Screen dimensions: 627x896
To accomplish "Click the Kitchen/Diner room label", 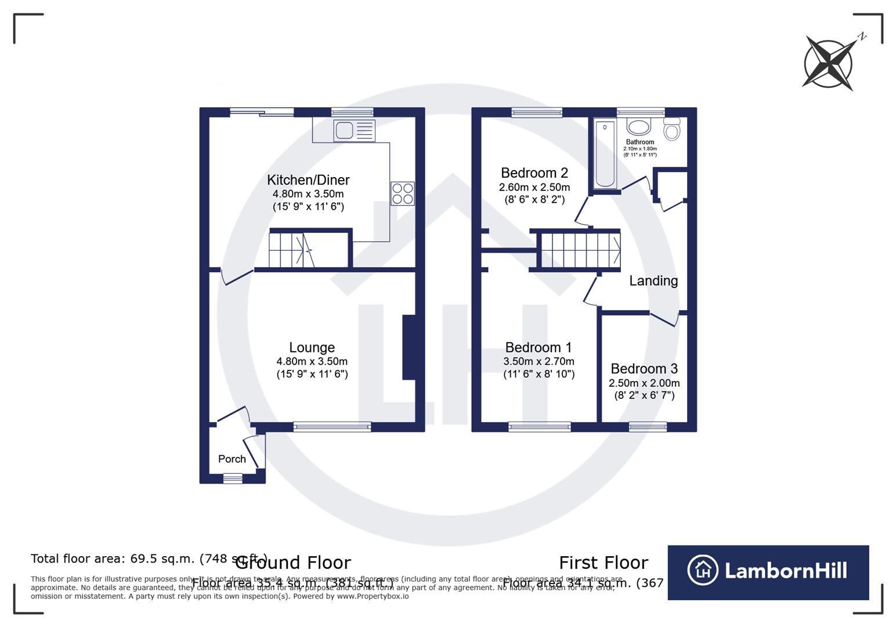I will coord(308,180).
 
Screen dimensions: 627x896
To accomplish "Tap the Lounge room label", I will coord(312,347).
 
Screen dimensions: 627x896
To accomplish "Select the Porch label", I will coord(232,459).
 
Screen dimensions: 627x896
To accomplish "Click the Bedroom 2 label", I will coord(534,173).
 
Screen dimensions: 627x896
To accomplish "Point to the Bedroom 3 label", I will coord(644,369).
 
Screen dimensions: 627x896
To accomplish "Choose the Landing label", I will coord(653,281).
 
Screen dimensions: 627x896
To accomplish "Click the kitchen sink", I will coord(353,130).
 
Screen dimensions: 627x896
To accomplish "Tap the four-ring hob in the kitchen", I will coord(403,193).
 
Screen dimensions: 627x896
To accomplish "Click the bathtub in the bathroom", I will coord(605,154).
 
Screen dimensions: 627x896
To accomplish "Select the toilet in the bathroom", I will coord(671,129).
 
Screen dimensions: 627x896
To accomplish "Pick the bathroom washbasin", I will coord(639,128).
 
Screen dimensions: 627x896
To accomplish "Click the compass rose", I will coord(829,64).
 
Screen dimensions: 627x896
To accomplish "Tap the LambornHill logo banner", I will coord(768,572).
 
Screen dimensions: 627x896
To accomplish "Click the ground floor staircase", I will coord(291,250).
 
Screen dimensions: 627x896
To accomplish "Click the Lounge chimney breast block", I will coord(409,347).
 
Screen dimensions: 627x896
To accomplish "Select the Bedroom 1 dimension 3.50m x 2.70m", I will coord(539,362).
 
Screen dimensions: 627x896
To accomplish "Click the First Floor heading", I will coord(603,563).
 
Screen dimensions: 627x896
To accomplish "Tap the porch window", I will coord(233,478).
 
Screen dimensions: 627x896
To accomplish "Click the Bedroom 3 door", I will coord(664,319).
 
